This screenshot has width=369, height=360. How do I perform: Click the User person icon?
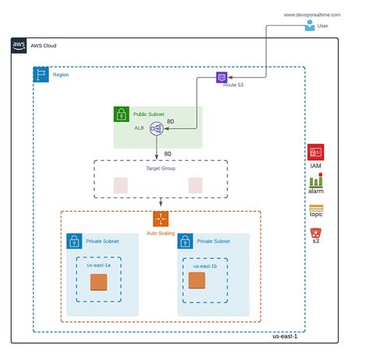pyautogui.click(x=311, y=26)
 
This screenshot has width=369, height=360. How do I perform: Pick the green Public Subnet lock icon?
pyautogui.click(x=121, y=114)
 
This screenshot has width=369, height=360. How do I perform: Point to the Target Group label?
pyautogui.click(x=160, y=168)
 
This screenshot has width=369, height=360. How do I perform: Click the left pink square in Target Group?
pyautogui.click(x=121, y=185)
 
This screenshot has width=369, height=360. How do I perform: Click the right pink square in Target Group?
pyautogui.click(x=195, y=185)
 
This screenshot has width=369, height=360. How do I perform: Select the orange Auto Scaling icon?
pyautogui.click(x=160, y=218)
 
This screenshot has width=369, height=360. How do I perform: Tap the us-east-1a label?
pyautogui.click(x=98, y=266)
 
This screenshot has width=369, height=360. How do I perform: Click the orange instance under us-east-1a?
pyautogui.click(x=98, y=281)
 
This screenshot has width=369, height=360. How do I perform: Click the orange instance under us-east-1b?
pyautogui.click(x=197, y=280)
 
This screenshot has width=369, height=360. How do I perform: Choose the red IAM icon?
pyautogui.click(x=315, y=152)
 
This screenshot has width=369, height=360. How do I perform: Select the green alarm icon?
pyautogui.click(x=315, y=180)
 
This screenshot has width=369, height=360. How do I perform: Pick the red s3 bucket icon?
pyautogui.click(x=315, y=232)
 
